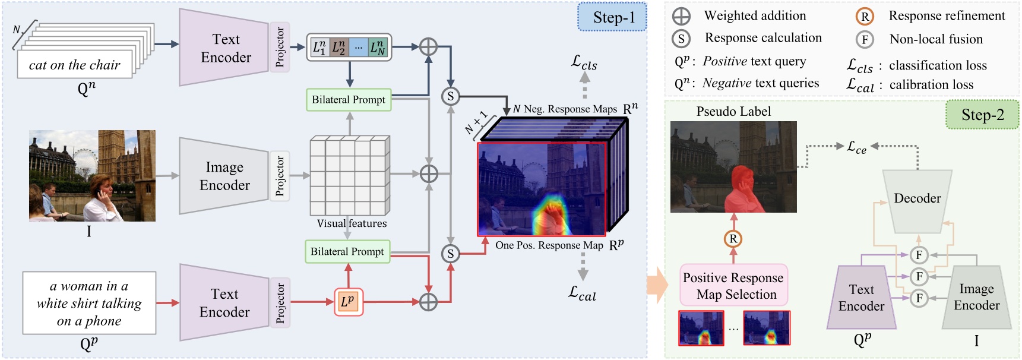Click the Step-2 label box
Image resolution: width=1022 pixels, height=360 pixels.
982,115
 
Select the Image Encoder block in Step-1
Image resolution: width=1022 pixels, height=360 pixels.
224,176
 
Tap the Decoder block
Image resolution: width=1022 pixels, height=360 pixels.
917,198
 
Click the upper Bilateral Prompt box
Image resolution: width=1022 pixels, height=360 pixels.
349,100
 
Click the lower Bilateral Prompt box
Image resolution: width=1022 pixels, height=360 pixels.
347,251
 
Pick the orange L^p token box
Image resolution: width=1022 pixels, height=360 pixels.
348,302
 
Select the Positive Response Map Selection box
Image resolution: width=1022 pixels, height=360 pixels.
733,286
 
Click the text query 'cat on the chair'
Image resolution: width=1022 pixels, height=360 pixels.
75,65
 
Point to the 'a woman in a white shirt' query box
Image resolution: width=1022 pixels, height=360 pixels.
89,303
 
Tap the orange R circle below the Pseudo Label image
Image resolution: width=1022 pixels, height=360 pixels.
733,239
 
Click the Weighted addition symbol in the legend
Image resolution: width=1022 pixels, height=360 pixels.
681,16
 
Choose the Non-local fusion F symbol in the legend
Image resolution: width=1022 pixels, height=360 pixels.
865,40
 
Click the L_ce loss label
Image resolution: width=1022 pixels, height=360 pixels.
856,147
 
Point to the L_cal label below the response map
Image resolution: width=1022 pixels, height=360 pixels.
582,293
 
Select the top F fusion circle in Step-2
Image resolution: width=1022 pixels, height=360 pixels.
919,255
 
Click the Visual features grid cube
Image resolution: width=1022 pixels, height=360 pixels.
349,176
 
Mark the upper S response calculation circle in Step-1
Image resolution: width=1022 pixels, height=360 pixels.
451,96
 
